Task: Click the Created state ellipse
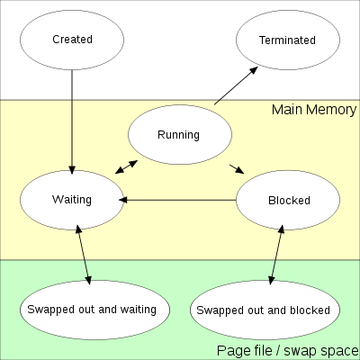click(72, 40)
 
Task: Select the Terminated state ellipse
click(288, 40)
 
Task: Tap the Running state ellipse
click(180, 134)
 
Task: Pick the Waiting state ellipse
click(72, 200)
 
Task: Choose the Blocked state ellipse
click(288, 200)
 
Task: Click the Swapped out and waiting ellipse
click(94, 310)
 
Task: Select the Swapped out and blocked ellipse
click(265, 310)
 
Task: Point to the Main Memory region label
click(314, 110)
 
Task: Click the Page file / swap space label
click(288, 350)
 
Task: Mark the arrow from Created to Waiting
click(72, 122)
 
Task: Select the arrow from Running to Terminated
click(236, 85)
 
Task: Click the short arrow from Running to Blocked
click(237, 169)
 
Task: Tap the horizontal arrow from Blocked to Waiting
click(177, 200)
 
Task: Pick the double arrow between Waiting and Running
click(126, 167)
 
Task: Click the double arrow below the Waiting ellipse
click(84, 255)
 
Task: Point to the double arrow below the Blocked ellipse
click(276, 255)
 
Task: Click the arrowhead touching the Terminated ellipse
click(254, 70)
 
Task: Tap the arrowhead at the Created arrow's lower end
click(72, 170)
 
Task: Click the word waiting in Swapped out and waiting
click(139, 310)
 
